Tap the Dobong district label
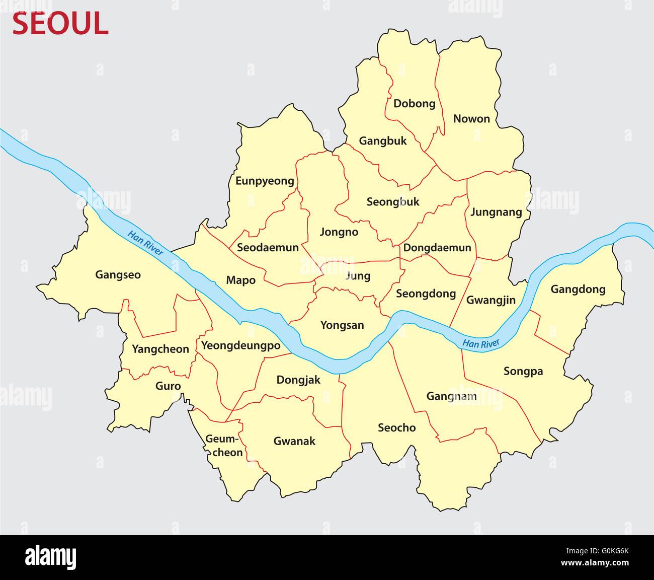coord(414,104)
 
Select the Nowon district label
coord(471,119)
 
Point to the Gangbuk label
coord(382,141)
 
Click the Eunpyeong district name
coord(265,181)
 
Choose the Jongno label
coord(339,232)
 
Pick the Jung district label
coord(358,276)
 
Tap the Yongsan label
coord(342,325)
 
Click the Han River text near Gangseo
coord(145,242)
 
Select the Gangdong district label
coord(578,289)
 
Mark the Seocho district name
coord(396,428)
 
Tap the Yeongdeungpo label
coord(240,346)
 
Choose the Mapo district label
coord(240,280)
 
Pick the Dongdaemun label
coord(437,248)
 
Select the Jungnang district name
coord(496,212)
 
